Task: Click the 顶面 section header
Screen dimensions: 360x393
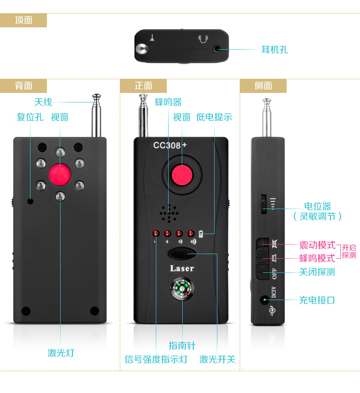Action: click(x=23, y=20)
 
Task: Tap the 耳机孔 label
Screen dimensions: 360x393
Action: click(x=274, y=49)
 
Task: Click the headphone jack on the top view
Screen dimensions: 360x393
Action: click(x=217, y=49)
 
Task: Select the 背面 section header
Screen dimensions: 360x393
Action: click(x=23, y=86)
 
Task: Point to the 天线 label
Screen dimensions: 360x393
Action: click(x=43, y=102)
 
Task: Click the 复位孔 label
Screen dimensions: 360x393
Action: click(x=30, y=117)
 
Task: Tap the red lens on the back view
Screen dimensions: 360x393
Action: click(x=60, y=175)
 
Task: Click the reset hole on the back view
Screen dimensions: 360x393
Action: click(x=31, y=201)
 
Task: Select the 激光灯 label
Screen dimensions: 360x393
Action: click(x=61, y=352)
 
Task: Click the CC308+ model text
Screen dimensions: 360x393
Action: click(x=170, y=145)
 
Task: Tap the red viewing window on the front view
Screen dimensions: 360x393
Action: click(x=182, y=175)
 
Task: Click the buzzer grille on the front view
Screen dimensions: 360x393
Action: click(x=169, y=213)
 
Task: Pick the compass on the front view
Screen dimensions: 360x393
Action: click(x=182, y=288)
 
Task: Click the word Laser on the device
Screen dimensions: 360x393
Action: click(x=182, y=268)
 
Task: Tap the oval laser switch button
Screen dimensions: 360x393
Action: click(x=182, y=253)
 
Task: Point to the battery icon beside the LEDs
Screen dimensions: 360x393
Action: click(x=201, y=234)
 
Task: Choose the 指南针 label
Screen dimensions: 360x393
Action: click(x=182, y=345)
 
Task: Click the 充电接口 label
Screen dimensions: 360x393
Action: click(x=317, y=300)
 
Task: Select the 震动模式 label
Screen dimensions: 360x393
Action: click(x=317, y=245)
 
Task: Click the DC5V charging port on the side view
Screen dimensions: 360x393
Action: click(x=264, y=300)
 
